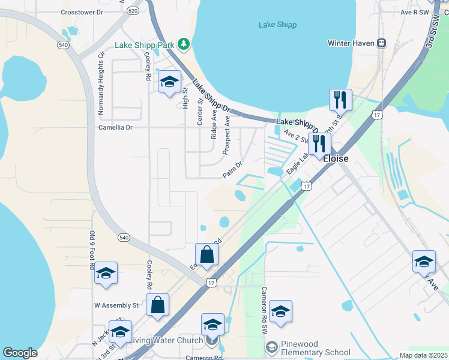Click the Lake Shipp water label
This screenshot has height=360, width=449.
277,25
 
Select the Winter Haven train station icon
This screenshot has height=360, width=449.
381,43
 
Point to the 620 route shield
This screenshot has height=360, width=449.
134,11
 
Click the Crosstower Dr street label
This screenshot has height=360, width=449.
82,12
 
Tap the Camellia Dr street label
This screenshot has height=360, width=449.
115,127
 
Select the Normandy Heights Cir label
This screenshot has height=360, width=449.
101,82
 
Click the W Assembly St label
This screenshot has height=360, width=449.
116,305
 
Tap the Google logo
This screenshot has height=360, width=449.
20,353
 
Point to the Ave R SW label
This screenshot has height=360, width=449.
416,11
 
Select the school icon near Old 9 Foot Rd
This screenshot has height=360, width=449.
106,274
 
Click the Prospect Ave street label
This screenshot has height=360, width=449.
227,135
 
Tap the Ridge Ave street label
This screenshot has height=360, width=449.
214,124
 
